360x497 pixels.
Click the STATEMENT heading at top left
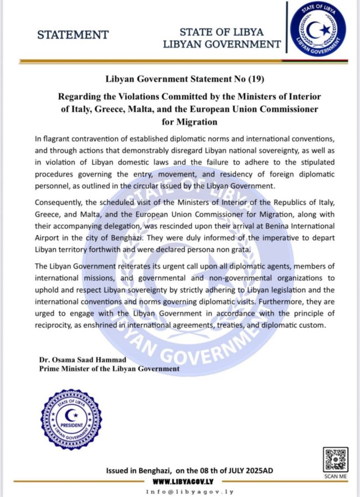pos(73,35)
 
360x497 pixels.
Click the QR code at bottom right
pos(335,459)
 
